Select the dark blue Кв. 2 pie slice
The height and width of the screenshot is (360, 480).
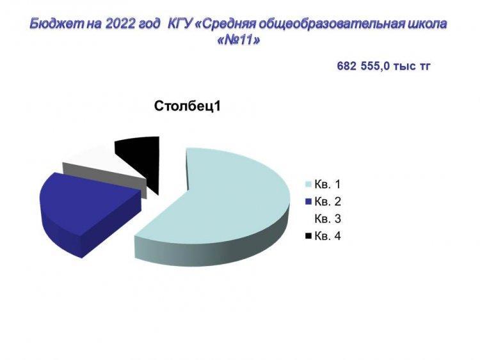pyautogui.click(x=83, y=211)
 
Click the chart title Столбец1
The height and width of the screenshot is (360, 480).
pyautogui.click(x=187, y=106)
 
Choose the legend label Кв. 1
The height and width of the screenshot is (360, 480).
pyautogui.click(x=327, y=184)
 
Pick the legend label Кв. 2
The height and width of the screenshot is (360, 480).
pyautogui.click(x=327, y=201)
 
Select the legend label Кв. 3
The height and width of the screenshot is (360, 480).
pyautogui.click(x=327, y=219)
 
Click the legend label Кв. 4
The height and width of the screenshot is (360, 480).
pyautogui.click(x=327, y=236)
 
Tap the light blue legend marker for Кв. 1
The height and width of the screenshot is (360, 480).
pyautogui.click(x=309, y=184)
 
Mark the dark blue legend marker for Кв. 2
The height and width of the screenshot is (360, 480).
pyautogui.click(x=309, y=202)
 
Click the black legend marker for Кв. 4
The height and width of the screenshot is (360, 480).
pyautogui.click(x=309, y=236)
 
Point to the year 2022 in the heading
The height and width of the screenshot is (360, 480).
pyautogui.click(x=120, y=24)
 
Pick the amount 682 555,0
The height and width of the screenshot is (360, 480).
pyautogui.click(x=364, y=66)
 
